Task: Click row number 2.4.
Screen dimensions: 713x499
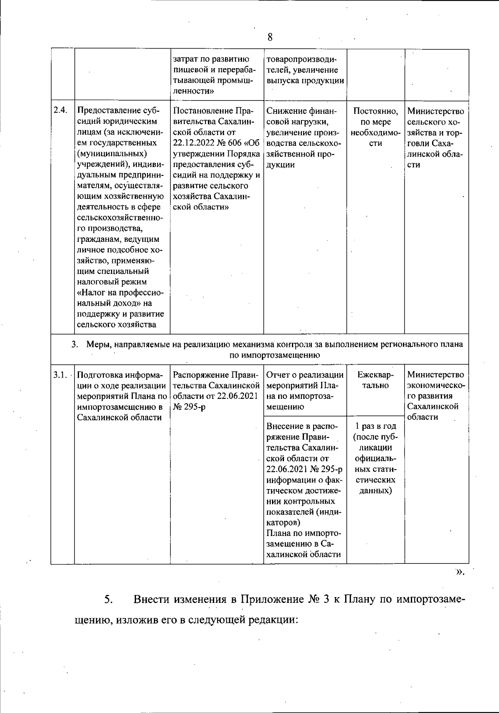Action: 60,111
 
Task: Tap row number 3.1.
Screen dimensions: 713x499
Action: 60,375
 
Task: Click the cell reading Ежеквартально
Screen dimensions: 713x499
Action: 375,380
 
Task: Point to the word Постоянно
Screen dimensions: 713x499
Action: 375,111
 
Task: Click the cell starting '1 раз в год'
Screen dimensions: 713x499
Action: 375,426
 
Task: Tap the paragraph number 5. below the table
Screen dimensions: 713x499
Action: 108,600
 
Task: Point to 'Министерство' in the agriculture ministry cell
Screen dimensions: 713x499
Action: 435,111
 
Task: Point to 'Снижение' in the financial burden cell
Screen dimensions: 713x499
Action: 282,111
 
